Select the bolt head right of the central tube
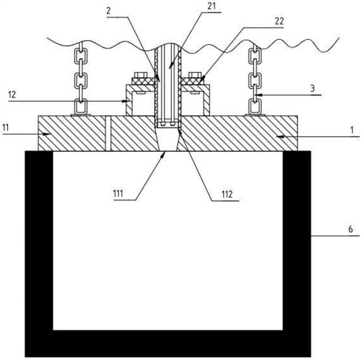pos(195,75)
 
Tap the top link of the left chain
pos(80,56)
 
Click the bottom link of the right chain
pos(255,107)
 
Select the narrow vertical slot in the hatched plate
pos(108,133)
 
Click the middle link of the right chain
pos(255,81)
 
